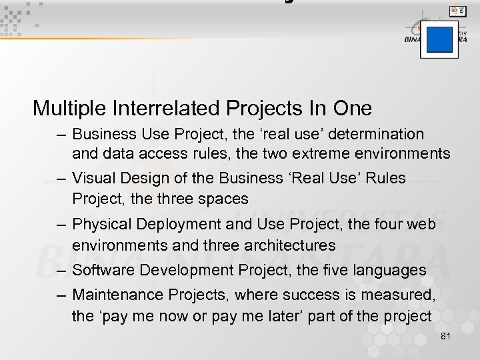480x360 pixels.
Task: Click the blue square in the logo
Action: (x=439, y=39)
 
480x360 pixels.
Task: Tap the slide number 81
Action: (x=446, y=336)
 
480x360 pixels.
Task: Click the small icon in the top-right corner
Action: (x=457, y=11)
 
